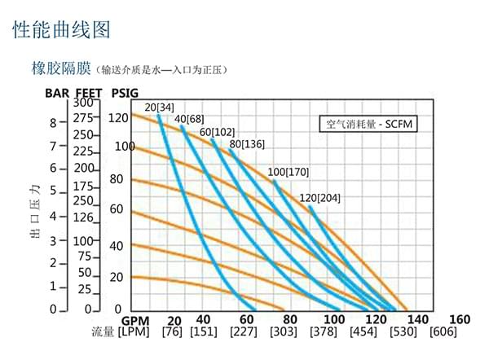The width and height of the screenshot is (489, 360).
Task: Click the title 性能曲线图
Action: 61,30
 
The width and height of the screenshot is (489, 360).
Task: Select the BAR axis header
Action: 57,93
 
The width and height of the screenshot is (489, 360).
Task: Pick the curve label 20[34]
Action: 159,108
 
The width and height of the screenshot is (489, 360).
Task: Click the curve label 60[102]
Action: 217,132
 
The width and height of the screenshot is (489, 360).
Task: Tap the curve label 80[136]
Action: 247,144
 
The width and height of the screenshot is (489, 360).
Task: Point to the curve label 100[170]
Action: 289,172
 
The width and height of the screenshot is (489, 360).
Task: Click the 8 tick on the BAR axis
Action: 53,123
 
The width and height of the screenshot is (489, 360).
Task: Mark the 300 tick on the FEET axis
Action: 83,103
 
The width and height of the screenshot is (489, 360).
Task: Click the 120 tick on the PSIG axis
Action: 119,117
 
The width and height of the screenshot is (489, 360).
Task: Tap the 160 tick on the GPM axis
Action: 460,319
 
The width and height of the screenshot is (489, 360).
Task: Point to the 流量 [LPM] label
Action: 119,332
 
